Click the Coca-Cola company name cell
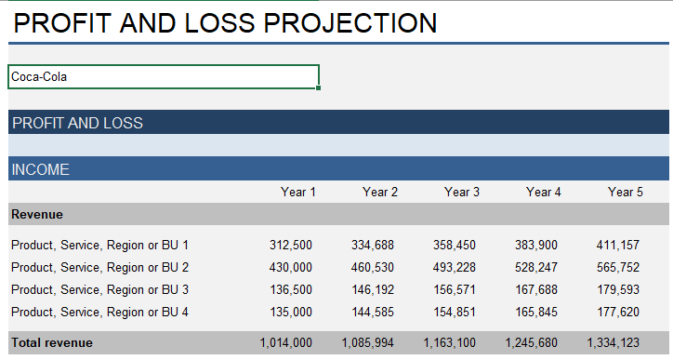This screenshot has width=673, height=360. point(163,77)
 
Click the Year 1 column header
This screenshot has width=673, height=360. point(298,193)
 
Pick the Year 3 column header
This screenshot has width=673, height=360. point(462,193)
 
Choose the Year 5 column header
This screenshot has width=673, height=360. point(626,193)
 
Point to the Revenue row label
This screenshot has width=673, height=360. point(37,215)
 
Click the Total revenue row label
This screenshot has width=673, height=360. point(52,343)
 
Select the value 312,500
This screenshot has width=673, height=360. point(291,246)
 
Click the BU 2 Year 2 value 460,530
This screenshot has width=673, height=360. point(373,268)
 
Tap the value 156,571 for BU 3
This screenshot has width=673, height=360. point(454,290)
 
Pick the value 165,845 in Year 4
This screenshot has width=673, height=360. point(536,313)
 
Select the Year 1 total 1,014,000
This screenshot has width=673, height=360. point(287,343)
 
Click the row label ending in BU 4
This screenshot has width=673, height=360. point(99,313)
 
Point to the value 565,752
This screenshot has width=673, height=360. point(618,268)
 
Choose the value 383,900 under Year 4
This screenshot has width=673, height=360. point(536,246)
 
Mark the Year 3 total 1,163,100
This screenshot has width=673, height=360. point(451,343)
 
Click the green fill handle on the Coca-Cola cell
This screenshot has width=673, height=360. point(319,88)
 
